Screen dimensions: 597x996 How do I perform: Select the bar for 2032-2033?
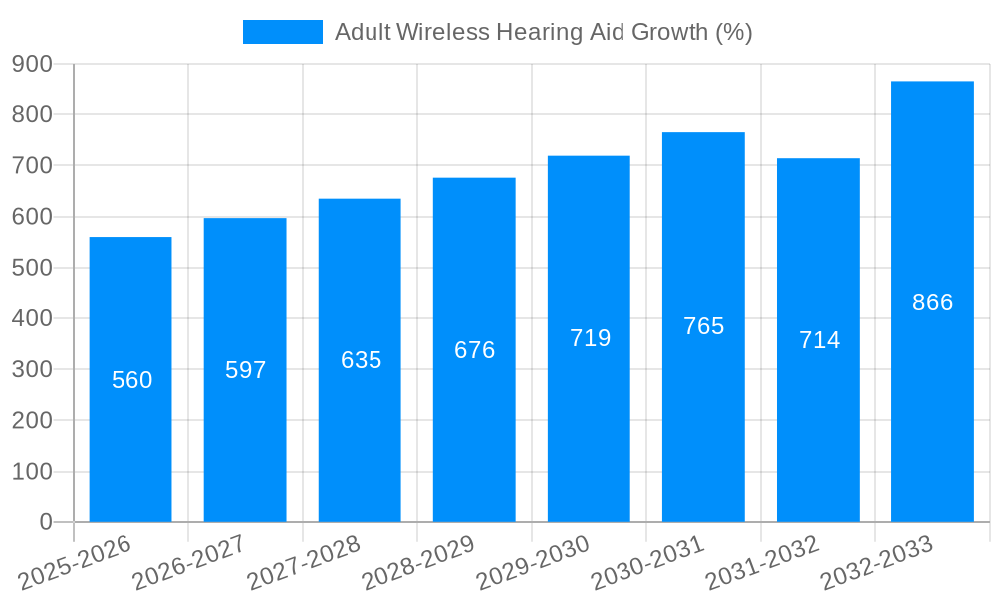(932, 398)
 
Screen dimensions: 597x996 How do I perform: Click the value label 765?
(703, 326)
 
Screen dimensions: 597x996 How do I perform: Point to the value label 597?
(245, 370)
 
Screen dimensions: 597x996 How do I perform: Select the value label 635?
(361, 360)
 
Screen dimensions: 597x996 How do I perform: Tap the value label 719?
(590, 338)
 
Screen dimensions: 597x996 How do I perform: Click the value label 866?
(932, 302)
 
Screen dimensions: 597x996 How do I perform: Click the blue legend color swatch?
(283, 32)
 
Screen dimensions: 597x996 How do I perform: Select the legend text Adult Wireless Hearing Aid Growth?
(543, 32)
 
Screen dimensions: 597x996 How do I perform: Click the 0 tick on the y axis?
(45, 522)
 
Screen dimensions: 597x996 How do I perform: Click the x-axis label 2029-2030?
(534, 563)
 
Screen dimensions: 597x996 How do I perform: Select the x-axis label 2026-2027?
(190, 563)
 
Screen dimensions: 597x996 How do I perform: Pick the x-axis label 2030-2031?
(648, 563)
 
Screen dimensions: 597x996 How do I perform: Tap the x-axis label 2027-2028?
(305, 563)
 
